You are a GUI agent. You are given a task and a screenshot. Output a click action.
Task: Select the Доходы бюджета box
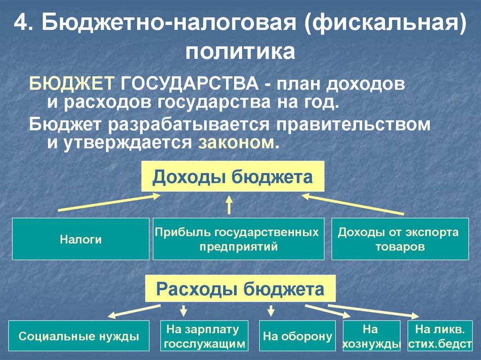pos(233,176)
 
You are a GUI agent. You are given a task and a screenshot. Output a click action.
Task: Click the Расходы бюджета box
pos(240,288)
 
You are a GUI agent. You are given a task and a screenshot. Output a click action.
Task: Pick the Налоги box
pos(81,239)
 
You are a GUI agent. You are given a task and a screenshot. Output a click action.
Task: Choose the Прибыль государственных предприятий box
pos(238,239)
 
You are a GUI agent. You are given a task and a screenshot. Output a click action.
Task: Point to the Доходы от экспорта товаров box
pos(400,239)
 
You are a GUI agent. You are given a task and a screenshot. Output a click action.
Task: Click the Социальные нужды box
pos(79,336)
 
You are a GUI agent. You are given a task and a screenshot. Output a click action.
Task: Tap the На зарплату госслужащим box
pos(204,336)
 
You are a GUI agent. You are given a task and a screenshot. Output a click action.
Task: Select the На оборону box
pos(297,336)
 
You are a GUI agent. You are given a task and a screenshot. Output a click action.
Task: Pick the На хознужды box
pos(372,336)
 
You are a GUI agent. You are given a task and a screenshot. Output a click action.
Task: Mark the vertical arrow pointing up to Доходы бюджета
pos(229,205)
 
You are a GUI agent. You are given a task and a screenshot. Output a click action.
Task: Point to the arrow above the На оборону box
pos(271,310)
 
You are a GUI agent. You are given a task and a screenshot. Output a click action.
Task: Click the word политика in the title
pos(240,52)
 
